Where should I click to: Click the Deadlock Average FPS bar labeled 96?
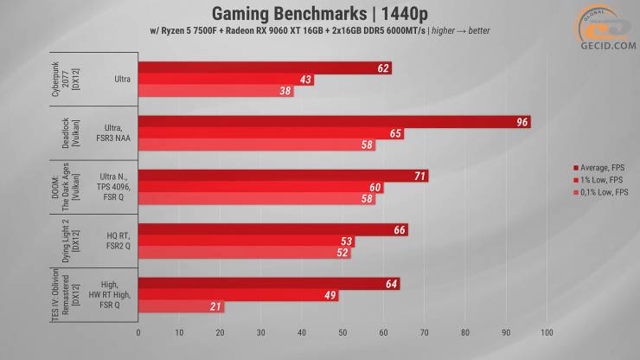tap(333, 122)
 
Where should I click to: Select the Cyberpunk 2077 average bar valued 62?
tap(264, 67)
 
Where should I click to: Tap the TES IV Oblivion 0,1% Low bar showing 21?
tap(180, 307)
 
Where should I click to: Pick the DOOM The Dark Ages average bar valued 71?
tap(282, 176)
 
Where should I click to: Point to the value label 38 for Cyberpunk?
tap(285, 91)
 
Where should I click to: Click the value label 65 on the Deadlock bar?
tap(395, 133)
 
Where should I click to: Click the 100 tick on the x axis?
tap(546, 331)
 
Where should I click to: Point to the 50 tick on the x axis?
tap(342, 331)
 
